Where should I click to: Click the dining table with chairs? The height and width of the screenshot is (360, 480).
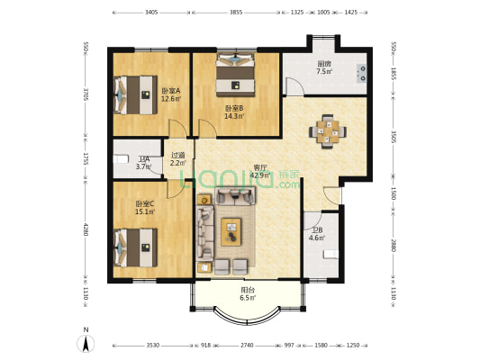[x=327, y=130]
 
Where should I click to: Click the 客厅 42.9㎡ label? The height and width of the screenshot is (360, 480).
[x=260, y=172]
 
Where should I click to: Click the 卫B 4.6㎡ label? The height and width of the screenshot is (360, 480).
[x=315, y=234]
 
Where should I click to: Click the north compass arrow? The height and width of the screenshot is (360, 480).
[x=86, y=343]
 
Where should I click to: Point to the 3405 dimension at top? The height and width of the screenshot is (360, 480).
[x=150, y=13]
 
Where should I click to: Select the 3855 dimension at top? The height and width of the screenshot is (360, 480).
[x=236, y=13]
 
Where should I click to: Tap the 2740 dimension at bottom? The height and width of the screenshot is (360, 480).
[x=247, y=346]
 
